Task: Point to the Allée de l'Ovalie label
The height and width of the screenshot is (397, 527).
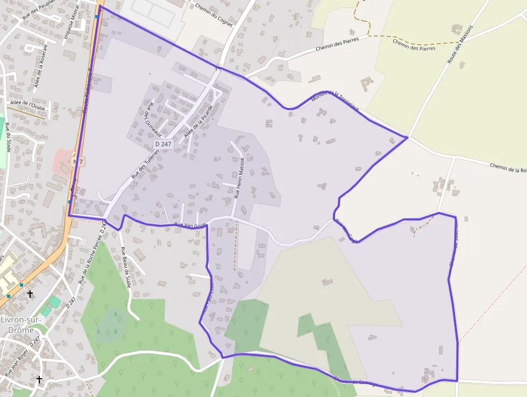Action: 28,106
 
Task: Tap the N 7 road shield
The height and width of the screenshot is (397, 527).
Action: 78,162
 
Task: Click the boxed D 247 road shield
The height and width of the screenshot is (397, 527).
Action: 163,144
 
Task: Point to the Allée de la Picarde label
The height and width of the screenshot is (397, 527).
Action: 198,119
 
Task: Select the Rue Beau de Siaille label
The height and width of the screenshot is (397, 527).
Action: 126,267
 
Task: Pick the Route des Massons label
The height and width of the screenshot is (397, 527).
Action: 460,44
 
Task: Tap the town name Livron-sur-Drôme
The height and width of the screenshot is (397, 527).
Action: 17,324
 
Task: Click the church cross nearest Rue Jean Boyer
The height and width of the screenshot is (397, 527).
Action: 39,379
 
